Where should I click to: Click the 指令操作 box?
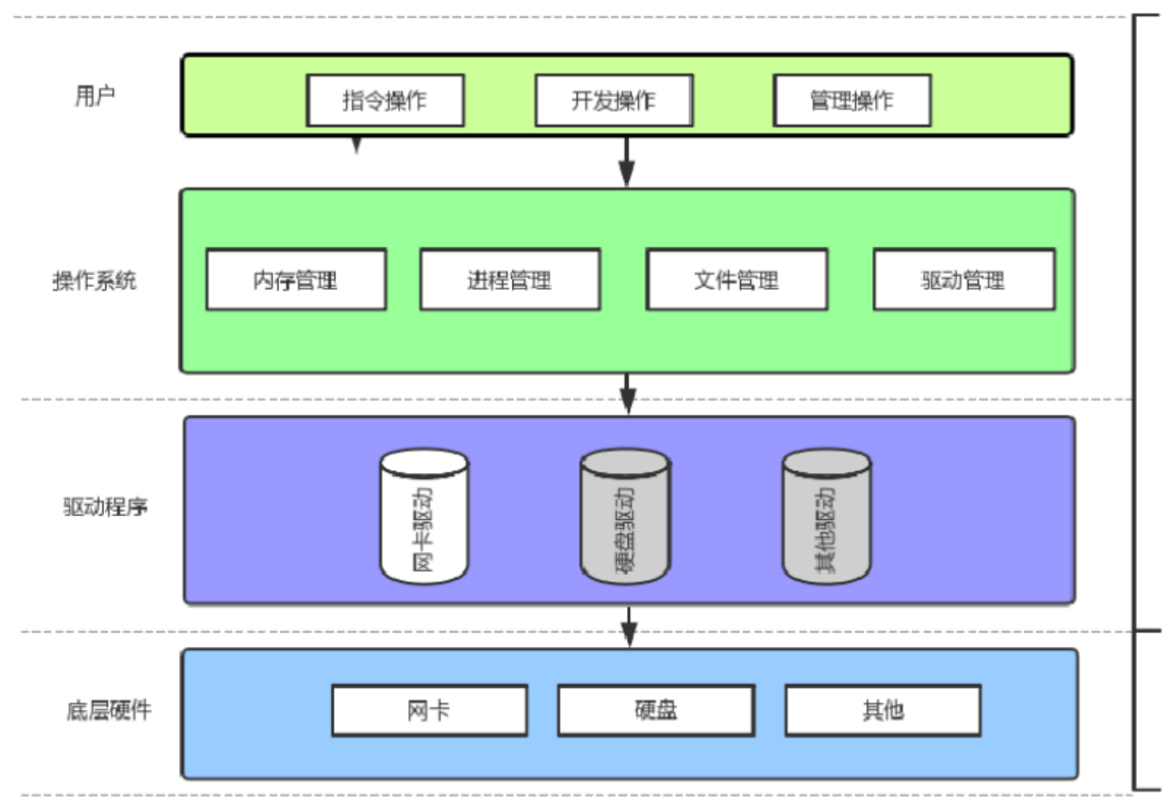(385, 101)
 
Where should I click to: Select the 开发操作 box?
(614, 101)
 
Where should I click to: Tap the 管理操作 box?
(852, 101)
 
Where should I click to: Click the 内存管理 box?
(296, 280)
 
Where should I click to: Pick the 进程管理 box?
(510, 280)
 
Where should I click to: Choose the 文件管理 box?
(737, 280)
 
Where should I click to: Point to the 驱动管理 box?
(964, 280)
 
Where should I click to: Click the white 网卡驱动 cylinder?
(424, 517)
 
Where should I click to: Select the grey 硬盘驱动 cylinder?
(625, 517)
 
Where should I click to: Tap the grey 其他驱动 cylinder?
(826, 517)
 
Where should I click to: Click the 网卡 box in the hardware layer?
(429, 710)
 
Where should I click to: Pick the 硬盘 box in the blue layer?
(656, 710)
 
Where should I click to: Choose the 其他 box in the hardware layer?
(883, 710)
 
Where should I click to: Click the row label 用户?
(95, 96)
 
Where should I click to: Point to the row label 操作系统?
(94, 281)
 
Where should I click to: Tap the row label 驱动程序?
(105, 506)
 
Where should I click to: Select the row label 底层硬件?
(109, 710)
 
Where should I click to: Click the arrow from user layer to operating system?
(626, 162)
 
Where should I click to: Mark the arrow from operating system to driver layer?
(627, 394)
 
